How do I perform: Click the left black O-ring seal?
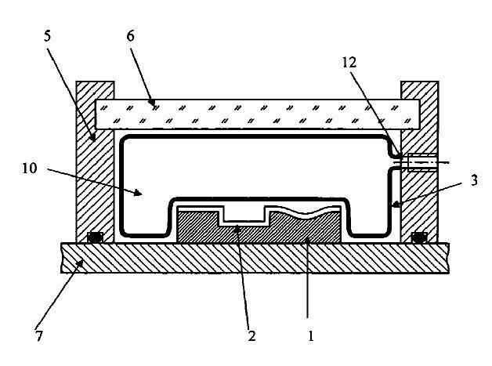tap(95, 237)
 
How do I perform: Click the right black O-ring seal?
tap(419, 237)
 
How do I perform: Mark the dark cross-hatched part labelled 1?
tap(306, 231)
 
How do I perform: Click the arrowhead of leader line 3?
tap(395, 205)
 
